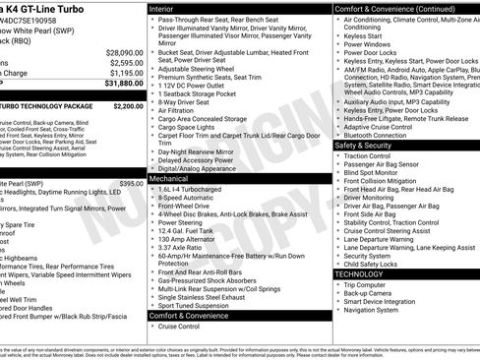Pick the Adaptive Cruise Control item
pos(378,126)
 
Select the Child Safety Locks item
pos(373,264)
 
